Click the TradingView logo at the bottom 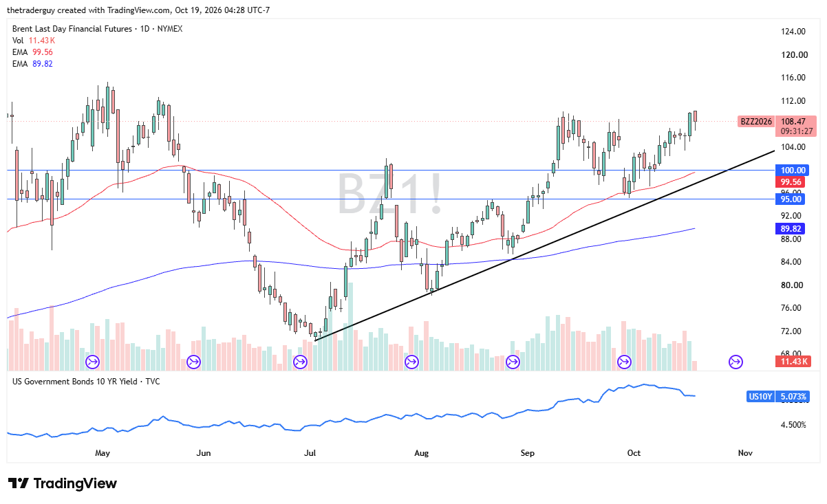63,483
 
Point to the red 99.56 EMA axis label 791,182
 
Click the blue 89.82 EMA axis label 791,229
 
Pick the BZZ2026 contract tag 756,122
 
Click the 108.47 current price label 793,122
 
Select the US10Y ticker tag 760,397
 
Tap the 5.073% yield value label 793,397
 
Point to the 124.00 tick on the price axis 793,32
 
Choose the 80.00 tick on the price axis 791,285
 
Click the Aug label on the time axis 421,453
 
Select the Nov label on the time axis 745,453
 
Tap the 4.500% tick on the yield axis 793,425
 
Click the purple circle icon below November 735,362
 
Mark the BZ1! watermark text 390,194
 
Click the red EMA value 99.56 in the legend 43,52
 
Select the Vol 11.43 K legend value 42,41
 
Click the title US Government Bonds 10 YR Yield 74,382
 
